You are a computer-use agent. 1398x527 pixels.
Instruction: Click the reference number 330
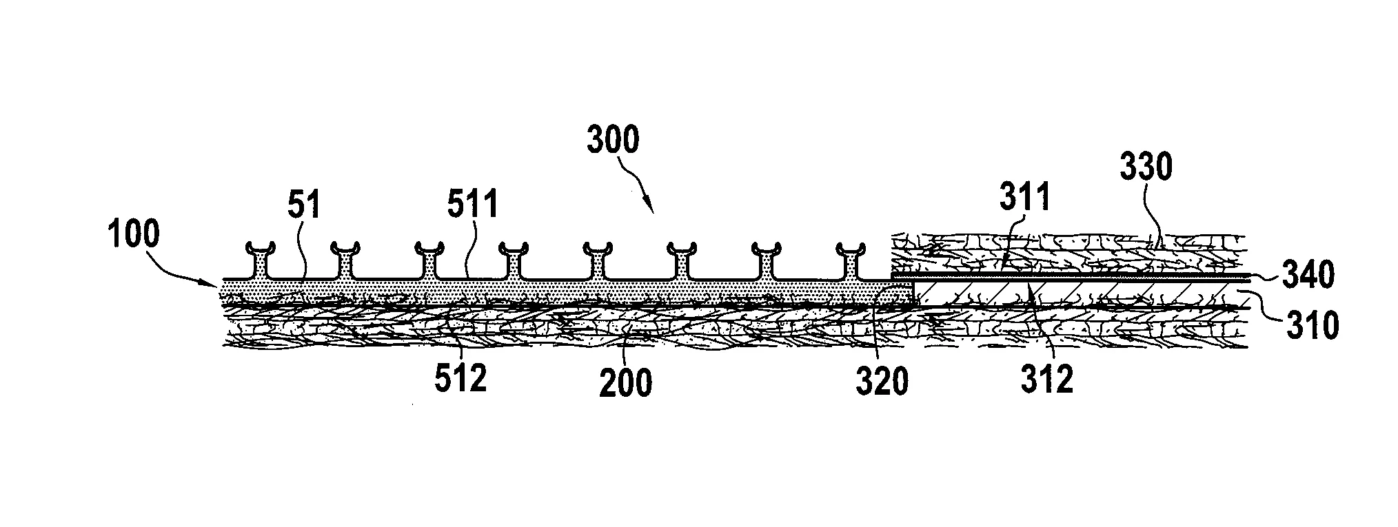[1146, 167]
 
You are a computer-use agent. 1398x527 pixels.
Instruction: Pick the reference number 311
[1025, 198]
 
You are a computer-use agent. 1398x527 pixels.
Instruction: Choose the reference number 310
[1311, 324]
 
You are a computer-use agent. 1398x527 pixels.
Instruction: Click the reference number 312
[1047, 379]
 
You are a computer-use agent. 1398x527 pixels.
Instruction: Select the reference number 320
[882, 382]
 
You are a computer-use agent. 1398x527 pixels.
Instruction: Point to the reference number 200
[625, 382]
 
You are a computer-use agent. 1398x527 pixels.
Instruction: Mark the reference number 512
[460, 379]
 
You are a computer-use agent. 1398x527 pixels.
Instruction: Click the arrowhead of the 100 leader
[218, 282]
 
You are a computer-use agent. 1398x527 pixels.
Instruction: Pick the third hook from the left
[429, 261]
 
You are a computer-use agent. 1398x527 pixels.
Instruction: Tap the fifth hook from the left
[597, 261]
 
